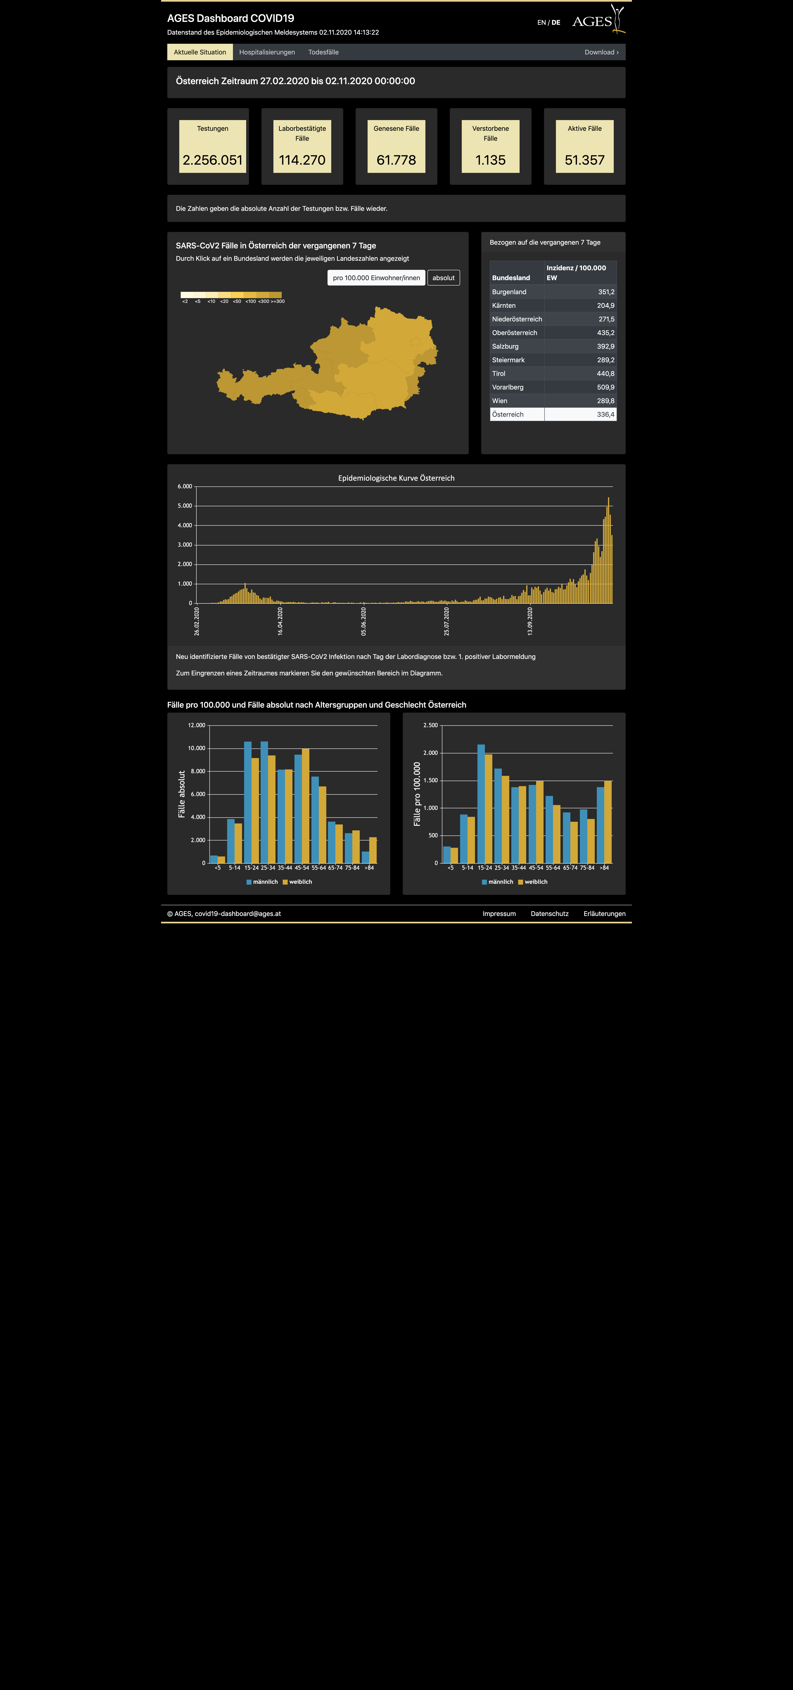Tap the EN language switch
pyautogui.click(x=541, y=22)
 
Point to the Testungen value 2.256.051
pyautogui.click(x=213, y=160)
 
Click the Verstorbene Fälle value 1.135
pyautogui.click(x=490, y=160)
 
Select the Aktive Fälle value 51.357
pyautogui.click(x=584, y=160)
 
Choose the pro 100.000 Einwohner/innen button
pyautogui.click(x=376, y=277)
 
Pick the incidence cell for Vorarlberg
pyautogui.click(x=580, y=387)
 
